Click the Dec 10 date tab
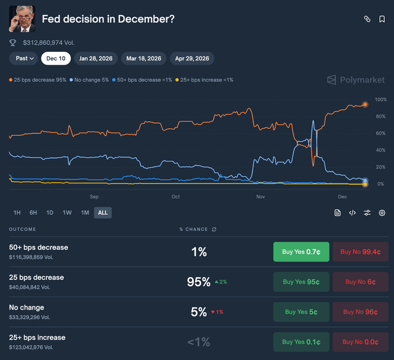pyautogui.click(x=55, y=58)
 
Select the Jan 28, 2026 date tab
pyautogui.click(x=95, y=58)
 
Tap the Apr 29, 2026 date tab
pyautogui.click(x=192, y=58)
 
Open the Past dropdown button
pyautogui.click(x=25, y=58)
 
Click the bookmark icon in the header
pyautogui.click(x=382, y=19)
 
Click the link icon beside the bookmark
pyautogui.click(x=367, y=19)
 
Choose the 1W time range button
pyautogui.click(x=67, y=212)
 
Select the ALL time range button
pyautogui.click(x=103, y=212)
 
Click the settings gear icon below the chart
pyautogui.click(x=382, y=213)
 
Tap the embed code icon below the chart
pyautogui.click(x=352, y=213)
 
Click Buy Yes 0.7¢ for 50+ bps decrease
pyautogui.click(x=301, y=252)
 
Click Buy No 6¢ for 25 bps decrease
pyautogui.click(x=360, y=282)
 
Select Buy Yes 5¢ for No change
pyautogui.click(x=301, y=311)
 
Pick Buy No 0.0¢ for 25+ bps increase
pyautogui.click(x=360, y=342)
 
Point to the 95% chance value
pyautogui.click(x=198, y=282)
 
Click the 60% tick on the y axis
pyautogui.click(x=380, y=133)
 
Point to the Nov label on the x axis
pyautogui.click(x=260, y=197)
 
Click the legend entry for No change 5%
pyautogui.click(x=90, y=80)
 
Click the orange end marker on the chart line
pyautogui.click(x=365, y=105)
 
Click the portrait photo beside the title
pyautogui.click(x=22, y=19)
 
